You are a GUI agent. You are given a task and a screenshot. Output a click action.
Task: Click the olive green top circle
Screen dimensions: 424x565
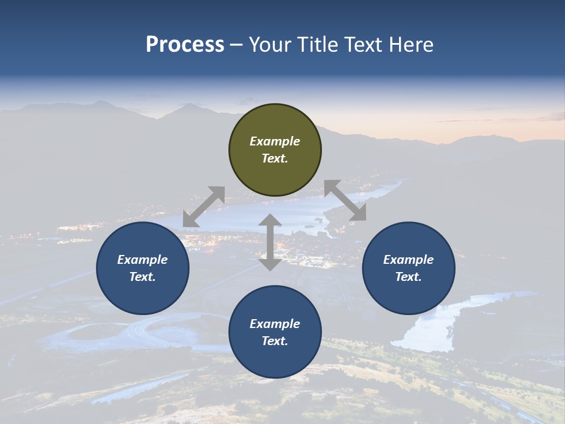pyautogui.click(x=275, y=124)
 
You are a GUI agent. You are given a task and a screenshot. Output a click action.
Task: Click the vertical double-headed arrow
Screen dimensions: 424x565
pyautogui.click(x=270, y=242)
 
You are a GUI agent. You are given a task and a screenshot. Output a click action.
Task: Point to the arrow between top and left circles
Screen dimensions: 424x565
pyautogui.click(x=204, y=207)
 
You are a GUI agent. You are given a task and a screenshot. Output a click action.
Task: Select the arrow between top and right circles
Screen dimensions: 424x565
pyautogui.click(x=345, y=201)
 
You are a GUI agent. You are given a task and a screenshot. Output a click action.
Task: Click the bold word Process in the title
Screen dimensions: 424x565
pyautogui.click(x=185, y=45)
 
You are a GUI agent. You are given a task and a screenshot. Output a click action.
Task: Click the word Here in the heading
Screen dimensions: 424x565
pyautogui.click(x=412, y=45)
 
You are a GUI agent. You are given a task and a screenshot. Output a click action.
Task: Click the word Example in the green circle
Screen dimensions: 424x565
pyautogui.click(x=275, y=141)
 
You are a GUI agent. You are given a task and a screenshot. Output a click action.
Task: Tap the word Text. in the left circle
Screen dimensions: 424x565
pyautogui.click(x=142, y=277)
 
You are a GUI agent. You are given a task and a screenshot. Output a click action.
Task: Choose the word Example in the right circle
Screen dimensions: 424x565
pyautogui.click(x=408, y=260)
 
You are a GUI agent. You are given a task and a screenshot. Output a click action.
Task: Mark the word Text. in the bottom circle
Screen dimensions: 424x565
pyautogui.click(x=275, y=341)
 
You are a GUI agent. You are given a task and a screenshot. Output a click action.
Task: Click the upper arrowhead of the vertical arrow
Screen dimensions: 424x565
pyautogui.click(x=270, y=221)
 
